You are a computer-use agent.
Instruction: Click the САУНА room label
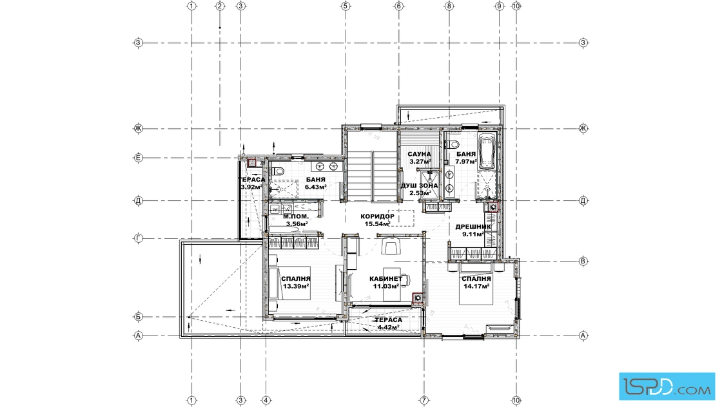pos(419,155)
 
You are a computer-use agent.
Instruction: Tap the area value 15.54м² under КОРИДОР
pos(378,224)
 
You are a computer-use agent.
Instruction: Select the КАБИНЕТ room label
pos(386,279)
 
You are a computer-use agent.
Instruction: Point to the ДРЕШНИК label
pos(473,226)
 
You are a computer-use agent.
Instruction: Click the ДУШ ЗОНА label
pos(420,186)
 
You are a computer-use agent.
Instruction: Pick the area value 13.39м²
pos(296,286)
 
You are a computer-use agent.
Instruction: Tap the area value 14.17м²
pos(476,286)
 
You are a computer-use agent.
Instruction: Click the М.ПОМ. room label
pos(296,216)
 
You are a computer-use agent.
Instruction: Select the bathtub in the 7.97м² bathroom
pos(487,152)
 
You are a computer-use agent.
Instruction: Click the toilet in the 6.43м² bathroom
pos(277,171)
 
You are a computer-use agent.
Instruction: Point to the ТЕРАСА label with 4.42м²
pos(388,320)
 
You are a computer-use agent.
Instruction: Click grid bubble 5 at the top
pos(346,6)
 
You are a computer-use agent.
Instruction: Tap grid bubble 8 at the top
pos(449,6)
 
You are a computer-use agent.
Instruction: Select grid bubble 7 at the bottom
pos(424,400)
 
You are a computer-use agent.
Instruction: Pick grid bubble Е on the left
pos(138,158)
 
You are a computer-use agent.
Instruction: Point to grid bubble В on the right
pos(583,261)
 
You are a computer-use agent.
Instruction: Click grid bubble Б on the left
pos(138,316)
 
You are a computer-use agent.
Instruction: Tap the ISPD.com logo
pos(667,385)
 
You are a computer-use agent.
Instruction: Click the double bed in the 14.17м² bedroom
pos(476,284)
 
